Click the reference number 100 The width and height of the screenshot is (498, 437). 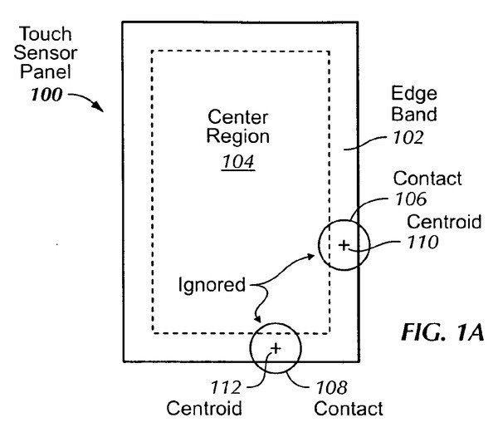pyautogui.click(x=46, y=95)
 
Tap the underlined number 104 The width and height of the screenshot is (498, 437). pyautogui.click(x=238, y=161)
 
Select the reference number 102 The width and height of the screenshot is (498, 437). pyautogui.click(x=408, y=138)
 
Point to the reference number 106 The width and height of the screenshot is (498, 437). pyautogui.click(x=411, y=199)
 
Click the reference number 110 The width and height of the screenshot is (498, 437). pyautogui.click(x=422, y=242)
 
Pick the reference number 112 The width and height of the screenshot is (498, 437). pyautogui.click(x=226, y=387)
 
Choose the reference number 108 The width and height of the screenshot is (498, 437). pyautogui.click(x=331, y=387)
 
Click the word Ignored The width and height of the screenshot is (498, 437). pyautogui.click(x=212, y=284)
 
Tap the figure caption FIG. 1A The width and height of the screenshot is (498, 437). pyautogui.click(x=442, y=332)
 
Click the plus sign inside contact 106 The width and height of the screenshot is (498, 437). pyautogui.click(x=344, y=245)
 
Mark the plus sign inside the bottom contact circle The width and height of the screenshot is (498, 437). pyautogui.click(x=276, y=348)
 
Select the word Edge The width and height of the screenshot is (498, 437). pyautogui.click(x=414, y=95)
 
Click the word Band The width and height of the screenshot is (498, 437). pyautogui.click(x=414, y=114)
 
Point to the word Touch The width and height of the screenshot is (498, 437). pyautogui.click(x=45, y=34)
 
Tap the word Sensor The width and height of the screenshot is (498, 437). pyautogui.click(x=46, y=53)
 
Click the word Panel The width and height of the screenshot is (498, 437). pyautogui.click(x=46, y=71)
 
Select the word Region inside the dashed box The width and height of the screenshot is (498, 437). pyautogui.click(x=238, y=137)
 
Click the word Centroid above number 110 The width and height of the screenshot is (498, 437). pyautogui.click(x=444, y=222)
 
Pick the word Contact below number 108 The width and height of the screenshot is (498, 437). pyautogui.click(x=349, y=409)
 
